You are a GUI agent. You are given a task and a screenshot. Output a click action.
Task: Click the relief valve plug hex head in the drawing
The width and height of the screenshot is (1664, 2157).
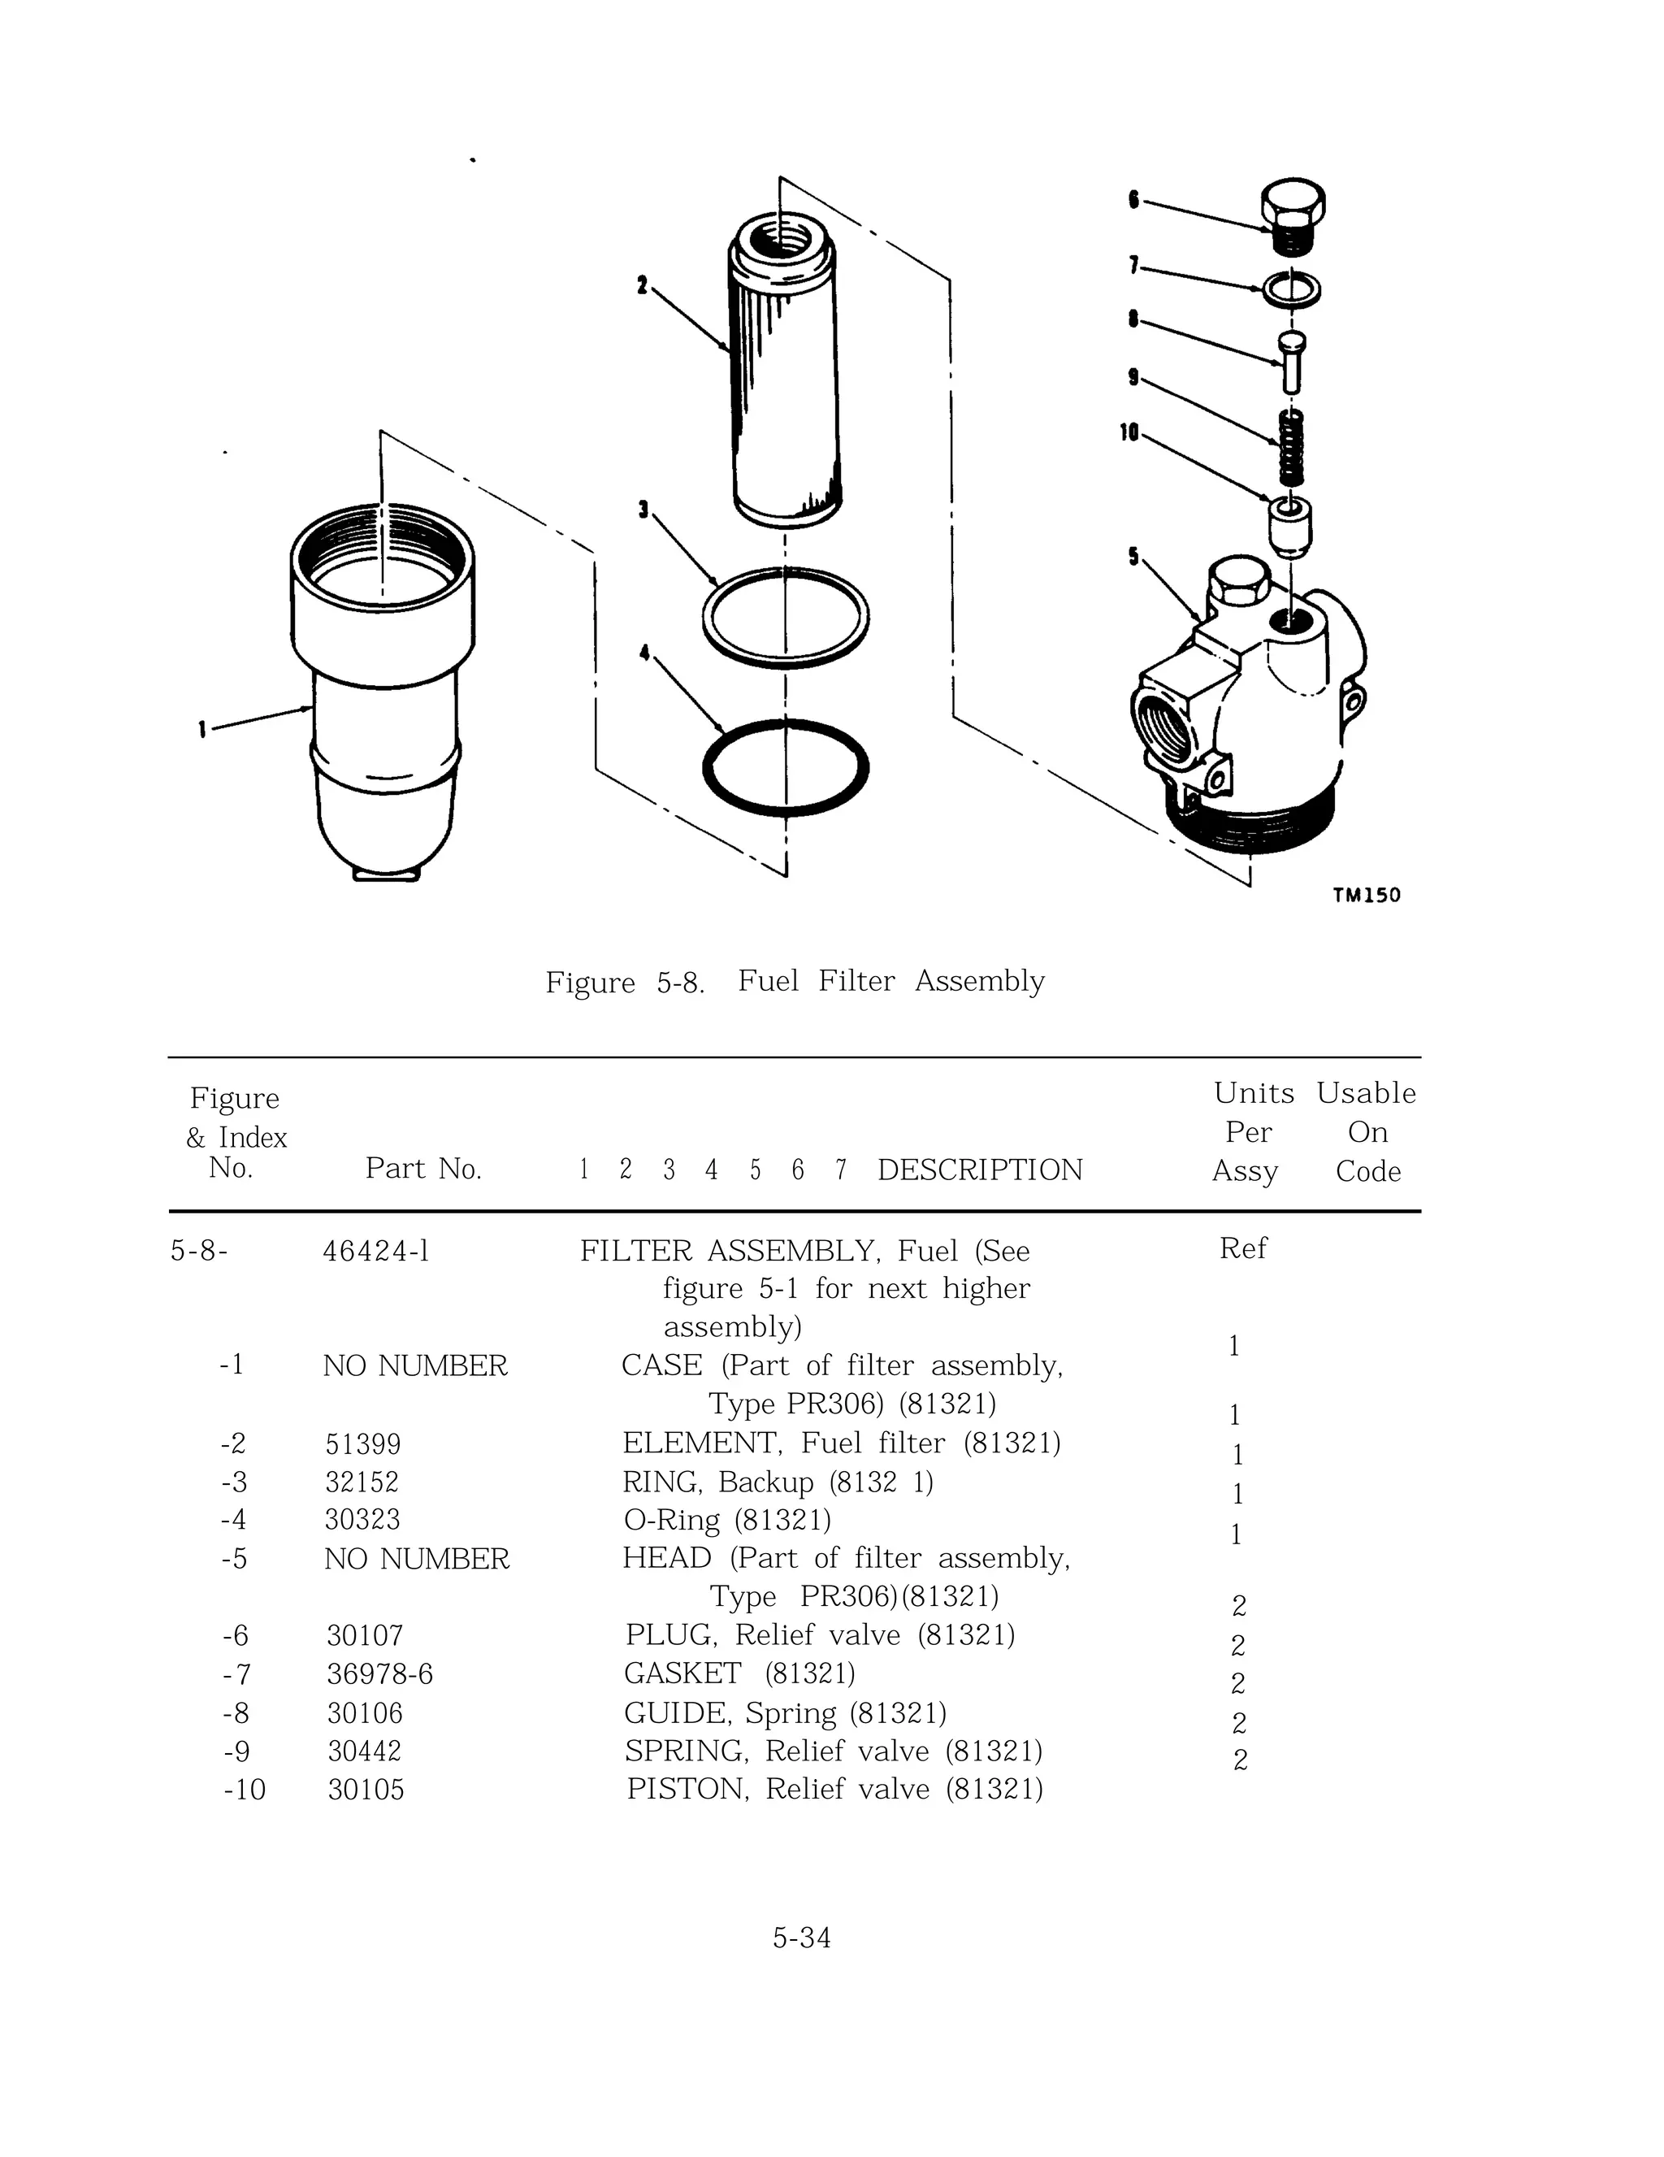tap(1293, 202)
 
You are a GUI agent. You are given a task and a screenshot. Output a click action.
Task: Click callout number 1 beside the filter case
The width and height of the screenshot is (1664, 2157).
tap(201, 730)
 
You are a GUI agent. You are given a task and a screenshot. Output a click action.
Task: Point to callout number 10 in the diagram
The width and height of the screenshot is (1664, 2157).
tap(1129, 432)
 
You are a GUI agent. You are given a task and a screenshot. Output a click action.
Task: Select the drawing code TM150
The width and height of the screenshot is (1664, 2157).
tap(1366, 896)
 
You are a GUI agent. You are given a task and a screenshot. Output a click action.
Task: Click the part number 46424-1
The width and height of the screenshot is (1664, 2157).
tap(376, 1252)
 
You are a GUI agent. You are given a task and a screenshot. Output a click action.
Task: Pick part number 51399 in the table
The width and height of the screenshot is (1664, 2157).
tap(363, 1445)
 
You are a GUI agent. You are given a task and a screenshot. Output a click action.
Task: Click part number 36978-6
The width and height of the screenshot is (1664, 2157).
tap(380, 1674)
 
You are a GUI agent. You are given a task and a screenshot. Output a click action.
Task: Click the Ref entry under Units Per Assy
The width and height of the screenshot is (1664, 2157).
tap(1242, 1248)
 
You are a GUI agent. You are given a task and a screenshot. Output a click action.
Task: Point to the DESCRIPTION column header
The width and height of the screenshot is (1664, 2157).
tap(980, 1170)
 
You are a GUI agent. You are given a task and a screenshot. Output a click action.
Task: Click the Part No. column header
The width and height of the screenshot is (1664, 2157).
tap(422, 1169)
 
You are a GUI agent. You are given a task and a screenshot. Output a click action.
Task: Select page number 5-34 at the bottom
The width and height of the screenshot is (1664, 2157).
tap(801, 1938)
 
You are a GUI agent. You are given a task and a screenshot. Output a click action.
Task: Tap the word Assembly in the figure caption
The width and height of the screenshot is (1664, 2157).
tap(978, 981)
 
